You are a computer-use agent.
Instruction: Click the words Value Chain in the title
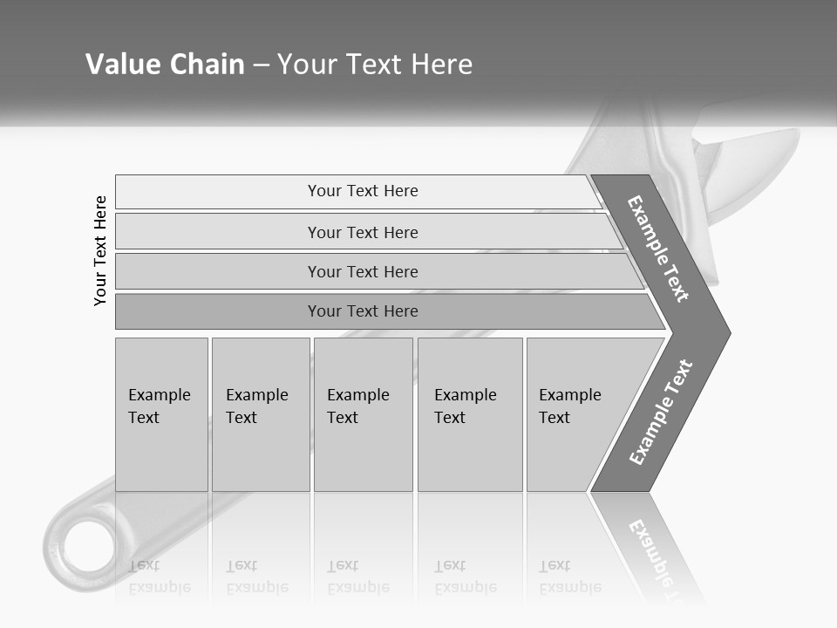pyautogui.click(x=165, y=65)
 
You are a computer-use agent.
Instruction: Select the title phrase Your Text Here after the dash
pyautogui.click(x=375, y=65)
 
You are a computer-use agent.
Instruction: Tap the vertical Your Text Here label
pyautogui.click(x=100, y=250)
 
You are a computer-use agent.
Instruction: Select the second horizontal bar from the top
pyautogui.click(x=362, y=232)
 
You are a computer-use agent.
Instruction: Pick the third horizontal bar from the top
pyautogui.click(x=362, y=271)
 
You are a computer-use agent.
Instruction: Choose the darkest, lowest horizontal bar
pyautogui.click(x=362, y=311)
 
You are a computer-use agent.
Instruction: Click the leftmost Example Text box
pyautogui.click(x=161, y=414)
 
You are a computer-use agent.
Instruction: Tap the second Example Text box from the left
pyautogui.click(x=260, y=414)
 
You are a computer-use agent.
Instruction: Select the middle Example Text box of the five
pyautogui.click(x=363, y=414)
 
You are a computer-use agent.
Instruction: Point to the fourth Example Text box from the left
pyautogui.click(x=470, y=414)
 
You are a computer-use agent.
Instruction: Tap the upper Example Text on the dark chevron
pyautogui.click(x=658, y=249)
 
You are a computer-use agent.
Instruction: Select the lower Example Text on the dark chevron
pyautogui.click(x=661, y=413)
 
